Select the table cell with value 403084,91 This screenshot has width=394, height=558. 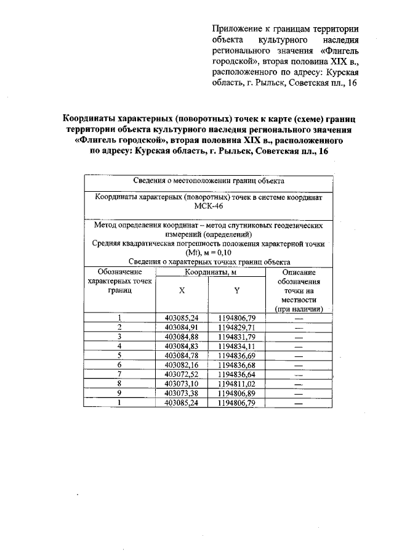click(182, 327)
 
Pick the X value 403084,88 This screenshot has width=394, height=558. click(182, 337)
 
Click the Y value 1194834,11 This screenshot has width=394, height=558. click(236, 346)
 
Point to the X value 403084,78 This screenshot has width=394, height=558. click(182, 355)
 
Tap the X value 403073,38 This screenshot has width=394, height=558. click(182, 393)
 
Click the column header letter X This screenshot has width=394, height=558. click(182, 290)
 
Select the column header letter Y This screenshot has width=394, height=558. click(236, 290)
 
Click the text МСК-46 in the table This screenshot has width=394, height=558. click(208, 207)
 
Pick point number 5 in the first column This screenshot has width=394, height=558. click(119, 355)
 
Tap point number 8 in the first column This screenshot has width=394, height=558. click(119, 384)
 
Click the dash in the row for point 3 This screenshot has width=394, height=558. click(299, 337)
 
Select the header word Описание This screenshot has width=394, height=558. click(299, 272)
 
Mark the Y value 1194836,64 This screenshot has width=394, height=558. click(236, 374)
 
